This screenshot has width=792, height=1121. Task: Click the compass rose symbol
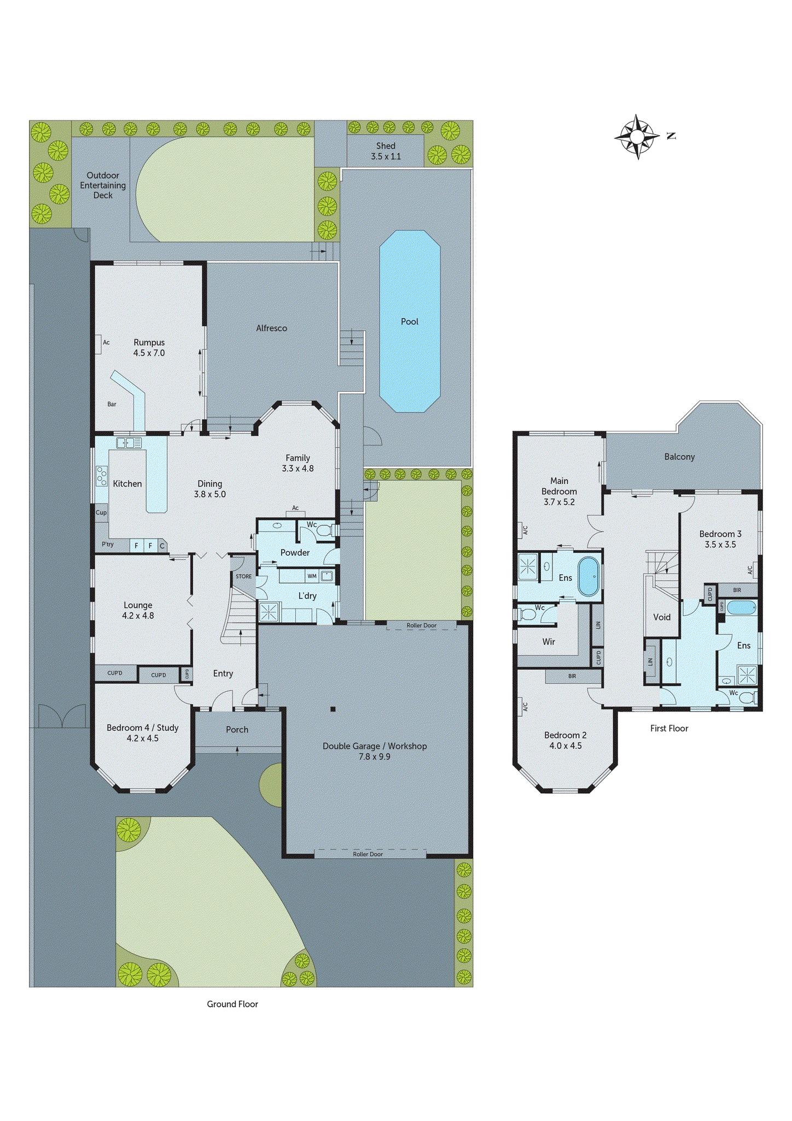click(x=637, y=137)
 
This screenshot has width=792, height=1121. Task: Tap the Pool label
click(x=409, y=322)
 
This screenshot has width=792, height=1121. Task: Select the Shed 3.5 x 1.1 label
click(x=386, y=151)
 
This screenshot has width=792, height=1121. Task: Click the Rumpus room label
click(x=149, y=348)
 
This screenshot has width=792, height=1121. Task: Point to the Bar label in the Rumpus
click(x=112, y=404)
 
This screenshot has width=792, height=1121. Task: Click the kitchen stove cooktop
click(x=102, y=476)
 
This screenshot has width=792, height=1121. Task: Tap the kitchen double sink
click(x=129, y=443)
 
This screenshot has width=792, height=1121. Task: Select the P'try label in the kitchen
click(x=108, y=544)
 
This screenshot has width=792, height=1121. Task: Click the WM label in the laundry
click(x=312, y=576)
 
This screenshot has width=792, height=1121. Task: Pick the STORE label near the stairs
click(x=243, y=576)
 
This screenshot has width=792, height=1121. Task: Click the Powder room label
click(x=295, y=553)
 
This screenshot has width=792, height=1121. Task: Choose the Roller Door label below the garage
click(x=368, y=854)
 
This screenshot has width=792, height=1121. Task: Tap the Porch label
click(x=237, y=730)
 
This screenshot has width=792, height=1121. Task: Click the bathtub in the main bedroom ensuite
click(x=589, y=576)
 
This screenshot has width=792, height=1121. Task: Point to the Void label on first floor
click(x=662, y=617)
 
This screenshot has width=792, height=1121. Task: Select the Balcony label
click(x=679, y=457)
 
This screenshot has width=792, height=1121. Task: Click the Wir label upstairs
click(x=549, y=642)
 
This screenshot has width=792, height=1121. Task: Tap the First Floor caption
click(x=669, y=728)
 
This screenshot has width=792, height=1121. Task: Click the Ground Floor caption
click(x=232, y=1004)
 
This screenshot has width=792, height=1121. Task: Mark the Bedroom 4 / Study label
click(x=142, y=733)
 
